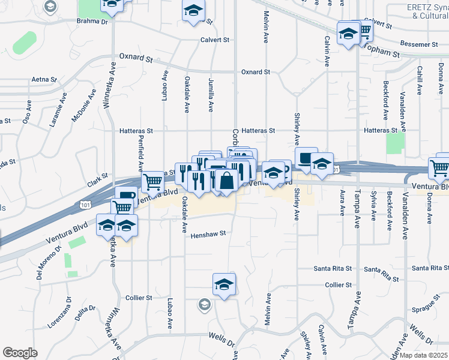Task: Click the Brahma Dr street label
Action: point(91,22)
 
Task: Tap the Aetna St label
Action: point(44,79)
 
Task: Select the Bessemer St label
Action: point(418,44)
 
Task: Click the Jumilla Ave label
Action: point(211,95)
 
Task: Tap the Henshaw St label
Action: point(208,235)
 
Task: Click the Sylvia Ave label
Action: point(373,203)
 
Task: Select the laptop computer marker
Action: point(307,158)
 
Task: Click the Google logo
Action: point(20,353)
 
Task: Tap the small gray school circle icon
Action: point(204,305)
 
